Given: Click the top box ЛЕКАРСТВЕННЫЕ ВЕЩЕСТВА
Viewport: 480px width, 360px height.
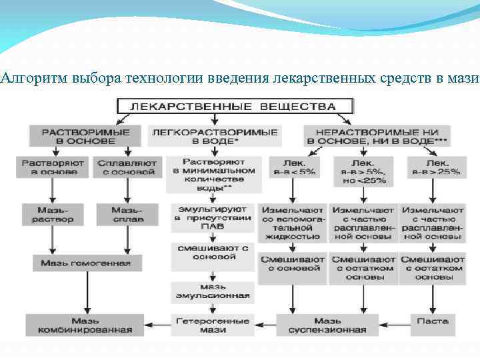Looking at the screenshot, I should coord(235,106).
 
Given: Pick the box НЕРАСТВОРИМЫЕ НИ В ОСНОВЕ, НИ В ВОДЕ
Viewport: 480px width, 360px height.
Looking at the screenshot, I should coord(377,135).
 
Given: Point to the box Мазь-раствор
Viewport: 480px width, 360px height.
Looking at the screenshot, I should coord(53,215).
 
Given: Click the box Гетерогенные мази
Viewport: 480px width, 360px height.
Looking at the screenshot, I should coord(213,325).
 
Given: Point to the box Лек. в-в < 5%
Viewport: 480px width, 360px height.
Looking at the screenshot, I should coord(293,167).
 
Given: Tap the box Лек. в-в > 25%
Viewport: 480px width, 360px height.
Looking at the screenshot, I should coord(437,167).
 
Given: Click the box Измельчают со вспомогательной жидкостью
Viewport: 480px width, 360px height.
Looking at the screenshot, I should coord(293,223).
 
